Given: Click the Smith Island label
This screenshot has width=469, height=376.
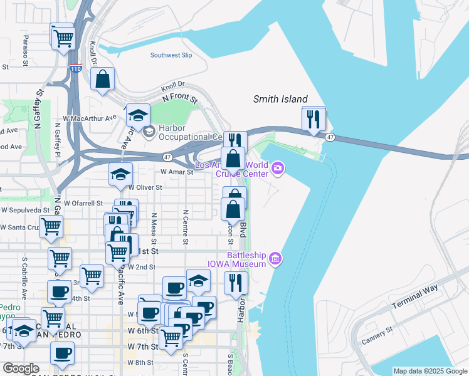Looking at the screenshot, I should (x=280, y=99).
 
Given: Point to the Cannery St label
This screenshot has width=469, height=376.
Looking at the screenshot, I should (x=377, y=335).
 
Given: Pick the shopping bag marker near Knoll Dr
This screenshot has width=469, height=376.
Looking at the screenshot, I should (x=102, y=80).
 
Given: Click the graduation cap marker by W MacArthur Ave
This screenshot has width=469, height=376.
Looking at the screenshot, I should (x=138, y=115).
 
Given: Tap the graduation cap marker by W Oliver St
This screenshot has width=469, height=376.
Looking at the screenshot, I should (x=120, y=175).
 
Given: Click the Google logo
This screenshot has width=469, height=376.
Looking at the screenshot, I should (x=21, y=368).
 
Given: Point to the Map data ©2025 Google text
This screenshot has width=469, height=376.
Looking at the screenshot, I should (x=429, y=371).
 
